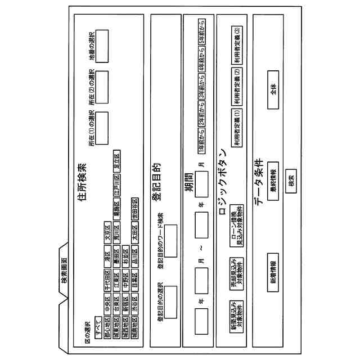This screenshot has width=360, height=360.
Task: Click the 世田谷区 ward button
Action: pyautogui.click(x=134, y=204)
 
